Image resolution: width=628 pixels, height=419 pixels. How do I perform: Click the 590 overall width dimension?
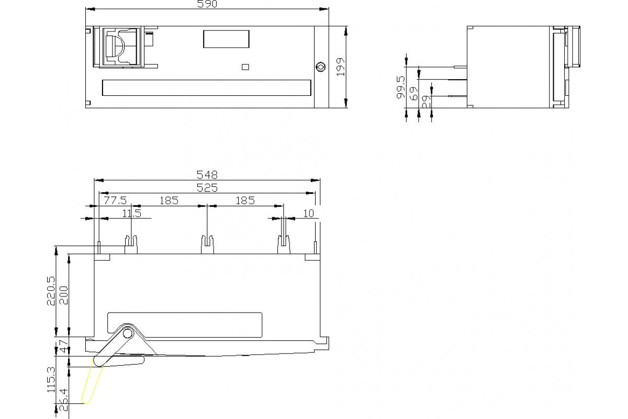tap(207, 4)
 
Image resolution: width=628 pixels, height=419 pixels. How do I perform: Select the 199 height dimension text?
tap(341, 68)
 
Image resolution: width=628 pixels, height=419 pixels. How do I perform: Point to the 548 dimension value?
tap(207, 174)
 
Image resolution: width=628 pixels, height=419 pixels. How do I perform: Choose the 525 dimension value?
tap(207, 188)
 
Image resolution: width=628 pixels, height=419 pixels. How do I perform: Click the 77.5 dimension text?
tap(115, 200)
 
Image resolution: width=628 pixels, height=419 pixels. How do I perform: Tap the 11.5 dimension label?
tap(132, 213)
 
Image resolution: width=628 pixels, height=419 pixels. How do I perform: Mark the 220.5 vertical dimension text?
tap(51, 291)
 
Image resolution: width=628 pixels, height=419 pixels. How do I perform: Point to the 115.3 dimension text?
tap(51, 379)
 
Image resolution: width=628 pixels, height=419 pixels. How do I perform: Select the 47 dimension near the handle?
tap(63, 348)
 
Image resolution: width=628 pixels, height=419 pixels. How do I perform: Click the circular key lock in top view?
tap(320, 67)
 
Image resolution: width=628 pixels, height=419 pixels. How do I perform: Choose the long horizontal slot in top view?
tap(207, 87)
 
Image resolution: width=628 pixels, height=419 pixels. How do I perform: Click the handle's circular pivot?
tap(127, 334)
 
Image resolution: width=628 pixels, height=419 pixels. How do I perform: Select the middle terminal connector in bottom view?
tap(208, 244)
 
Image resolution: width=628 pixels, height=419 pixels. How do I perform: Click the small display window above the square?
tap(226, 39)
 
